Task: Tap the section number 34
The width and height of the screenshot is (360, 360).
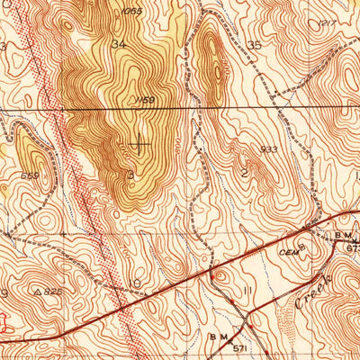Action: tap(118, 42)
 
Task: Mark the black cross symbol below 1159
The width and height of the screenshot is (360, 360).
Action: tap(139, 141)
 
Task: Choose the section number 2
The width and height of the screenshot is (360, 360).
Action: tap(244, 171)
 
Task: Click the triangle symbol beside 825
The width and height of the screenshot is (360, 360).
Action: tap(37, 292)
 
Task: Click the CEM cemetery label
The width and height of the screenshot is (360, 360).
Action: tap(286, 240)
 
